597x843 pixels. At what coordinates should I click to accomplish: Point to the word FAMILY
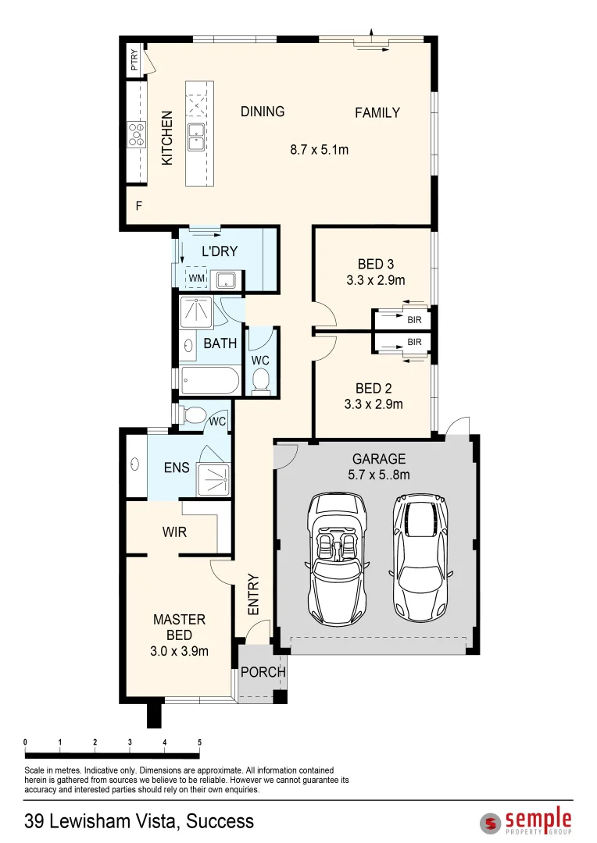point(377,112)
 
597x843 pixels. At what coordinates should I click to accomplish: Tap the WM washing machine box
point(196,278)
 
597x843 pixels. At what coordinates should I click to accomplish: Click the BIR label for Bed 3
point(414,320)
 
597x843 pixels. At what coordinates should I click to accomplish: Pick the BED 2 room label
point(374,389)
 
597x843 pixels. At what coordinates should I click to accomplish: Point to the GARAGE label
point(379,459)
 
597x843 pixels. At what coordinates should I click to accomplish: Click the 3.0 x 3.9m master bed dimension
point(179,650)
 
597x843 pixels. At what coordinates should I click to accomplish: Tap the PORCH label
point(262,672)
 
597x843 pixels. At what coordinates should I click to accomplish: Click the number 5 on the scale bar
point(200,742)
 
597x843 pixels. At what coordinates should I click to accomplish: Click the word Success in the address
point(220,820)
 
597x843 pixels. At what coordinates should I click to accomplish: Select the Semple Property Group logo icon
point(491,823)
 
